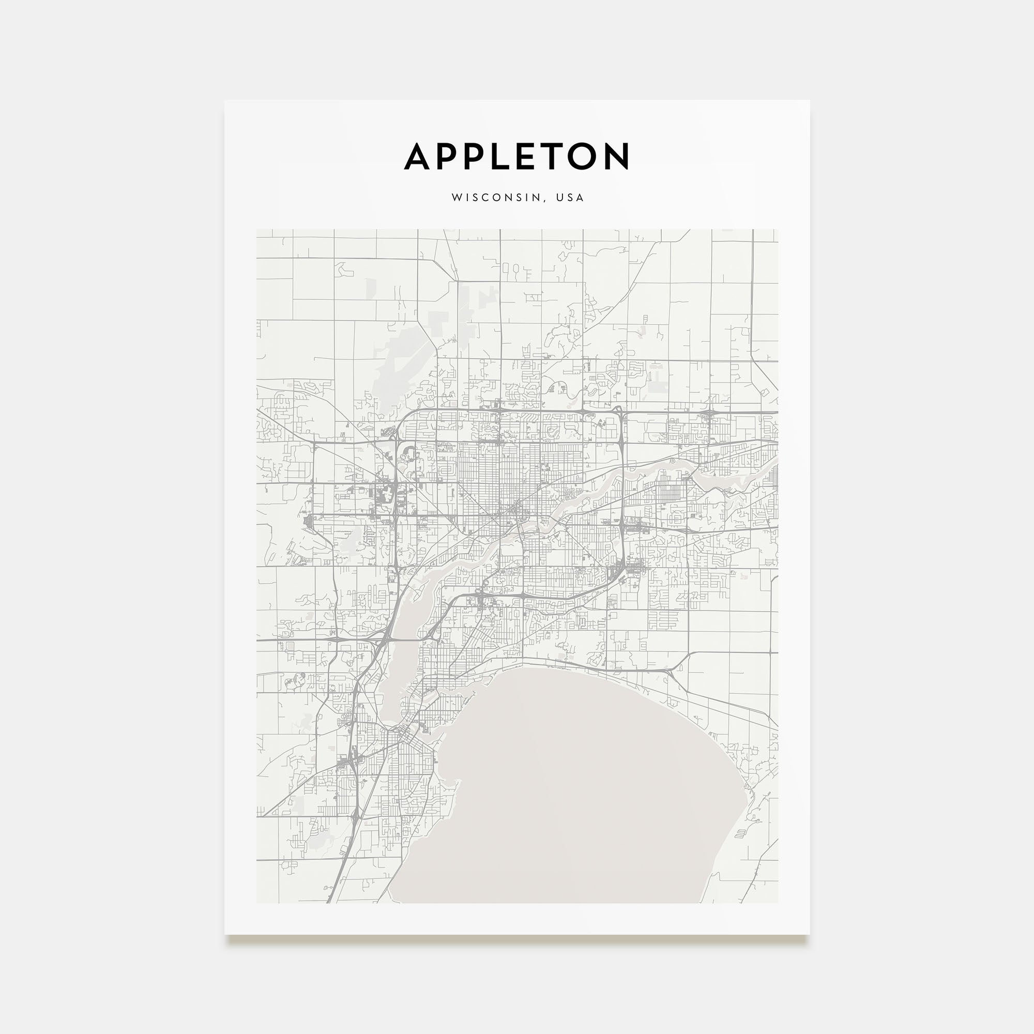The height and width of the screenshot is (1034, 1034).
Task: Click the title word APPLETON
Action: pos(516,156)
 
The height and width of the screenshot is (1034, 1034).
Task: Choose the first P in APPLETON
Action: pos(447,156)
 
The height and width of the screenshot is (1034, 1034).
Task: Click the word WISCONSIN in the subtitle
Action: pos(496,197)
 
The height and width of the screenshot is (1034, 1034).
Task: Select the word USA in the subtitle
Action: pos(570,197)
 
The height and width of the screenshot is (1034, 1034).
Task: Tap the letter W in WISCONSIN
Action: pos(456,197)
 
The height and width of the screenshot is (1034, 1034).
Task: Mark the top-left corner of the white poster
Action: pos(225,101)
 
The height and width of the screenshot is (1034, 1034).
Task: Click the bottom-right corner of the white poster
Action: pos(809,934)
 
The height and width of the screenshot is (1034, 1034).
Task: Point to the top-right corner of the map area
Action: pos(778,230)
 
